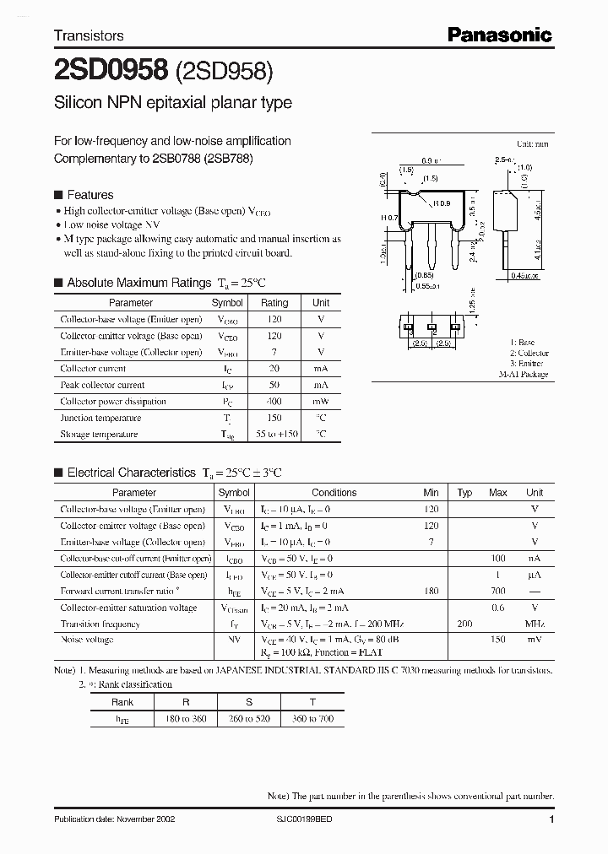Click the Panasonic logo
pyautogui.click(x=499, y=35)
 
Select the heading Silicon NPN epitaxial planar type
pyautogui.click(x=173, y=103)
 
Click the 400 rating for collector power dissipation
pyautogui.click(x=274, y=402)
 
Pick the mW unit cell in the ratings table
pyautogui.click(x=321, y=402)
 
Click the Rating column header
pyautogui.click(x=274, y=302)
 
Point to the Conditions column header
pyautogui.click(x=334, y=493)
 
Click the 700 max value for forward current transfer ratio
pyautogui.click(x=498, y=592)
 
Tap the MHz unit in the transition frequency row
pyautogui.click(x=535, y=624)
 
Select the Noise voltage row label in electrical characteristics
pyautogui.click(x=88, y=640)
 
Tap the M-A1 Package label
pyautogui.click(x=523, y=374)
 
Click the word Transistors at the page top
pyautogui.click(x=89, y=35)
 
